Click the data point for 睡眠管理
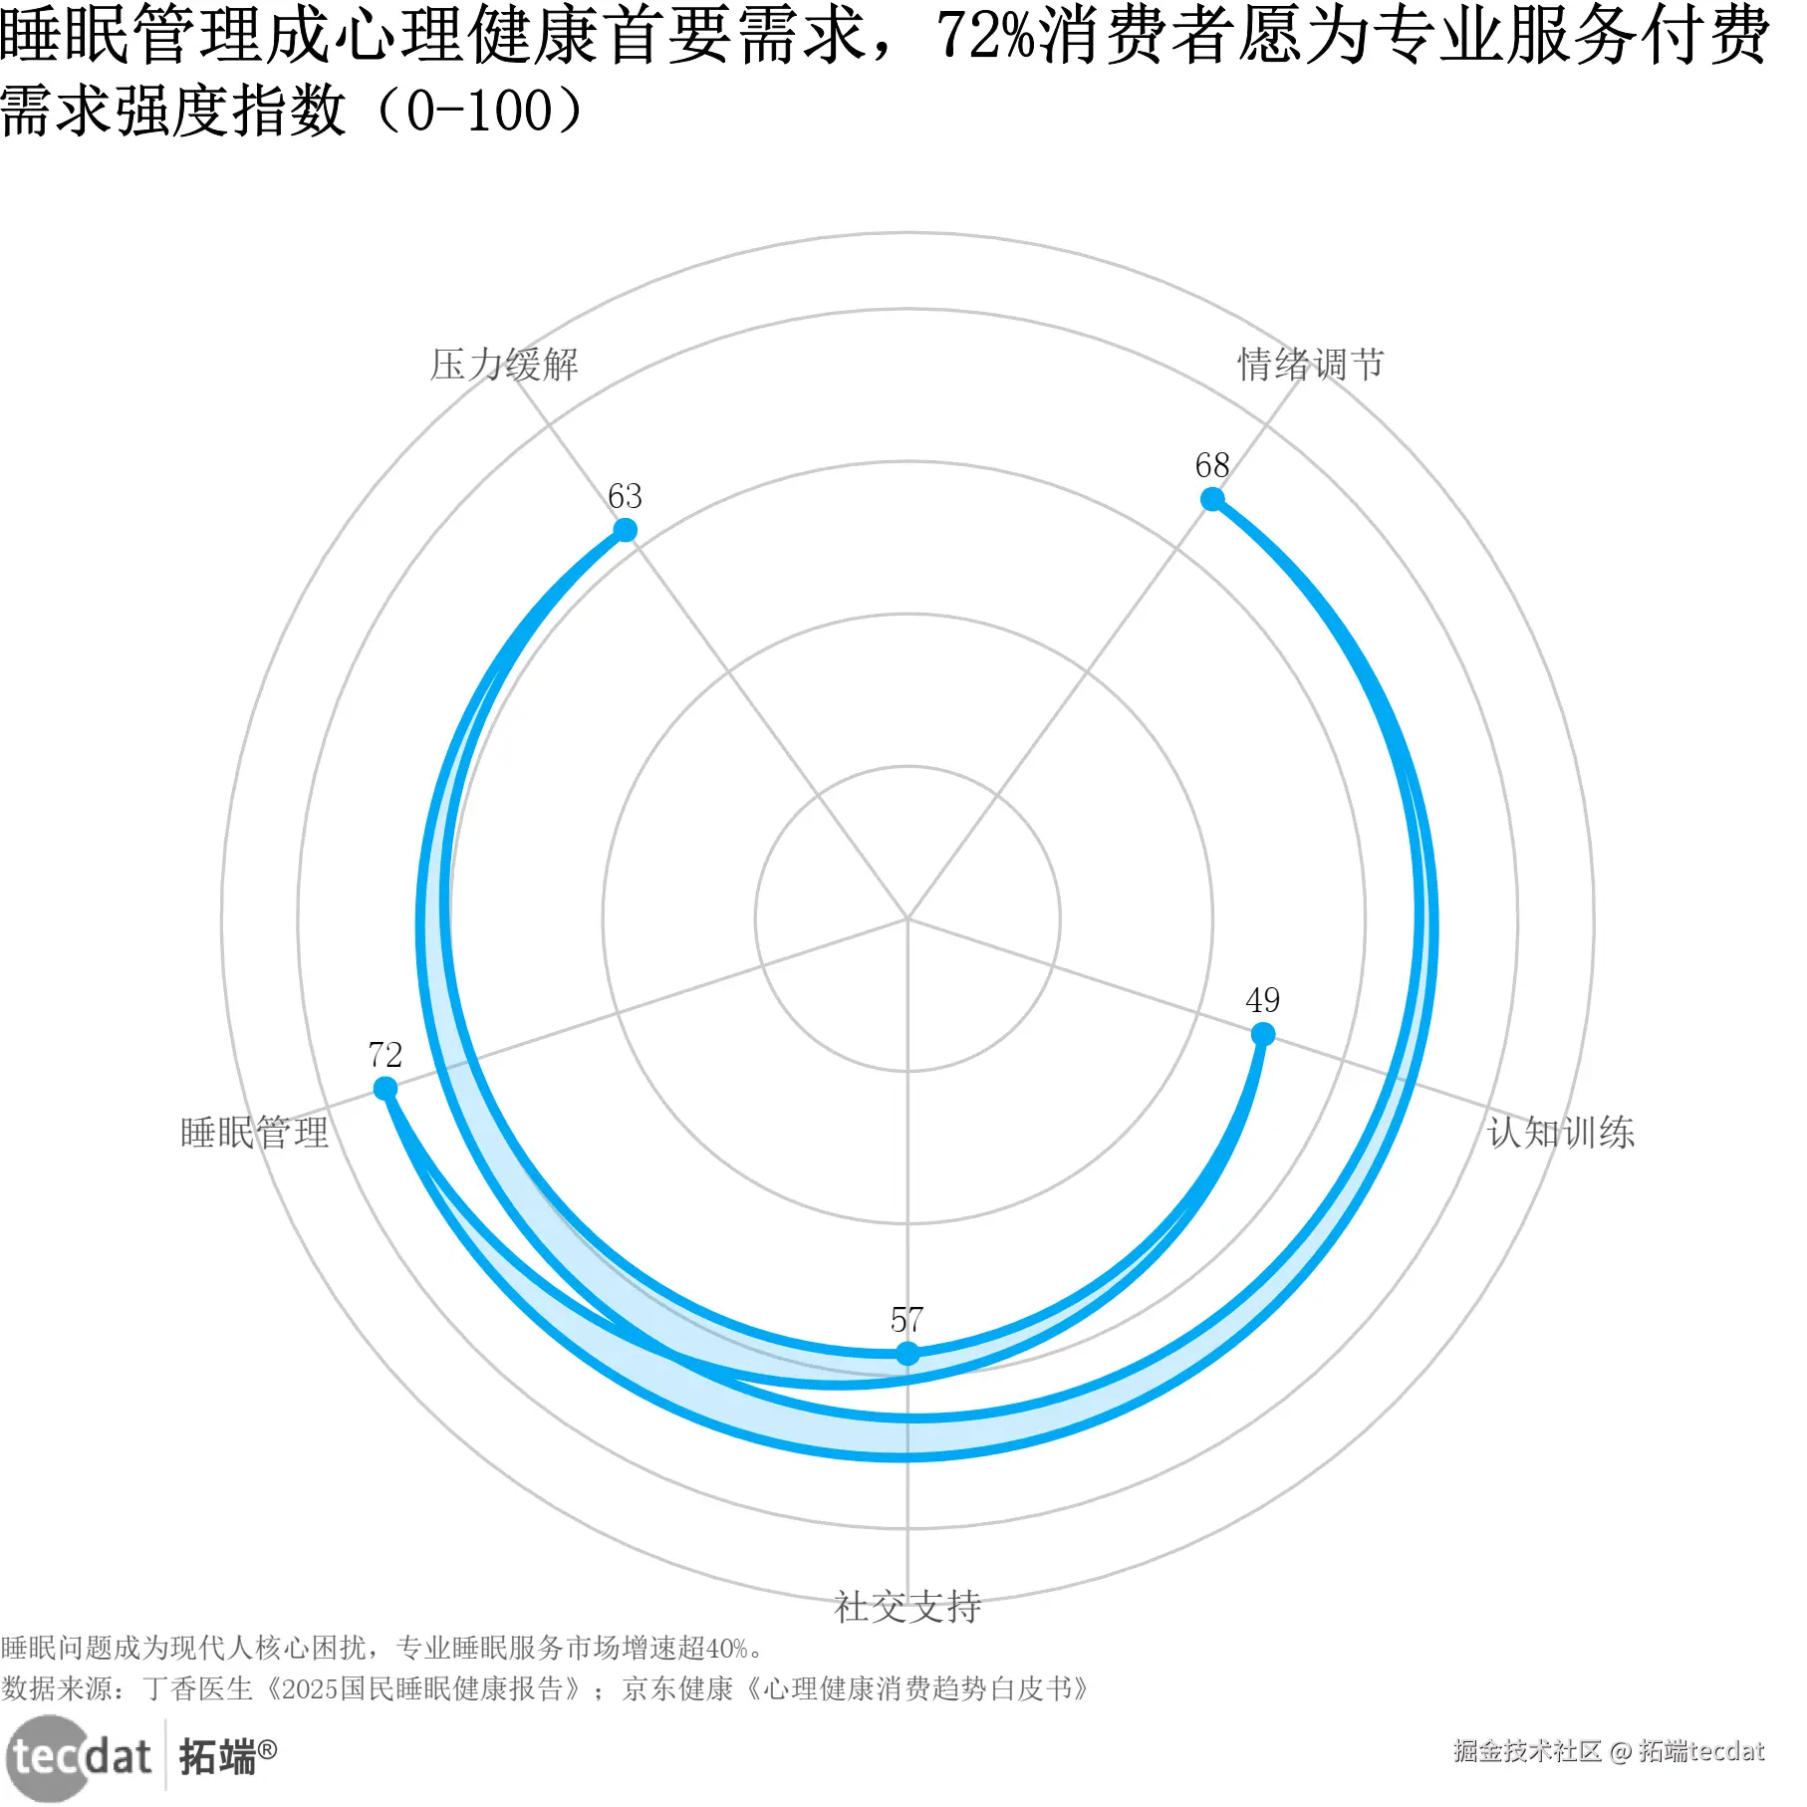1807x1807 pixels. [386, 1088]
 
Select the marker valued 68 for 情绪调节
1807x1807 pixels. [1212, 499]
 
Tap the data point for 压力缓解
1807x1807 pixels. [625, 529]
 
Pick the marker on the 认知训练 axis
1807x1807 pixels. [1262, 1034]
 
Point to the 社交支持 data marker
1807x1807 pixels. [907, 1353]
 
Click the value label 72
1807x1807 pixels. [386, 1055]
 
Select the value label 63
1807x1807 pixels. [625, 496]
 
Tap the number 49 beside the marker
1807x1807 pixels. [1262, 1000]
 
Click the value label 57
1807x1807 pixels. [907, 1320]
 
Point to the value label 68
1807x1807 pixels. [1212, 465]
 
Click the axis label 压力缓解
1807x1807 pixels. [504, 365]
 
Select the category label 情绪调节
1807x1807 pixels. [1311, 365]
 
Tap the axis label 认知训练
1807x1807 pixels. [1561, 1133]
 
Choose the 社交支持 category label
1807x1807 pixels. [907, 1607]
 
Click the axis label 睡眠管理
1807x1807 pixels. [255, 1133]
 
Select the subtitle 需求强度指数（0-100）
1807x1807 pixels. [293, 110]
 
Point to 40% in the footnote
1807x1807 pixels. [726, 1649]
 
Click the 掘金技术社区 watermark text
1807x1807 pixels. [1526, 1750]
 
